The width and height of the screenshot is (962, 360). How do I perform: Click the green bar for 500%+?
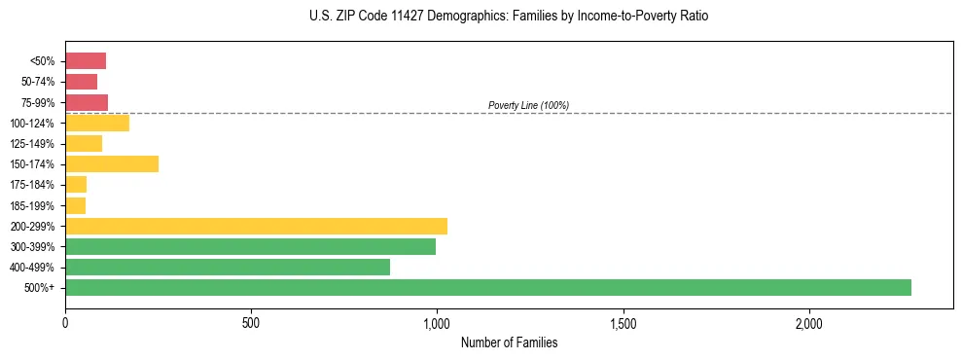point(487,287)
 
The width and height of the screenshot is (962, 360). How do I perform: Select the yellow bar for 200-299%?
point(256,226)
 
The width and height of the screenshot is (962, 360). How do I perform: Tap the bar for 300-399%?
point(250,246)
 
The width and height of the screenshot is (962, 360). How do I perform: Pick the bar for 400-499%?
point(228,267)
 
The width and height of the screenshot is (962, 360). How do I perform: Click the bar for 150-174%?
point(112,163)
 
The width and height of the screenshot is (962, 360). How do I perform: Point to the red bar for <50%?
point(86,60)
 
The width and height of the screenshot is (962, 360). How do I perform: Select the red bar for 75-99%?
point(87,102)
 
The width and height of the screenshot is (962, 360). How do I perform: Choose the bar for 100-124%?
point(97,123)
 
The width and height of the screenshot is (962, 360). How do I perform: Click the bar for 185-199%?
point(76,205)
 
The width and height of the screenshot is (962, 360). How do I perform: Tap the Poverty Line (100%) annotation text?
point(528,105)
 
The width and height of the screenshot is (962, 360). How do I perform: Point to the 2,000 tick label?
point(809,322)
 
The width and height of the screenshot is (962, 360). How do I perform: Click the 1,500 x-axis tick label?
point(623,322)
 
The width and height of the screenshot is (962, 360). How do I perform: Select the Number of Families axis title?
point(509,342)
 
